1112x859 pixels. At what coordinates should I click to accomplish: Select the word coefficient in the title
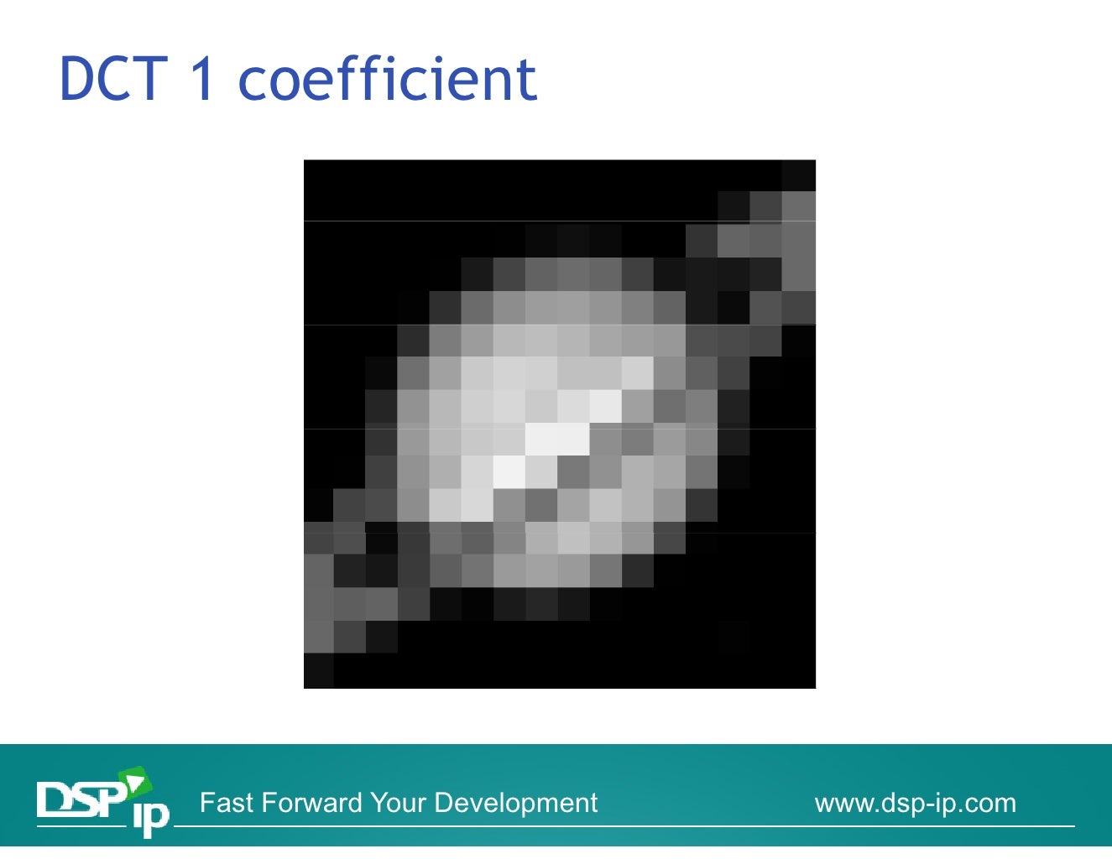pos(387,79)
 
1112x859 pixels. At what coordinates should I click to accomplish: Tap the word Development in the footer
pos(515,804)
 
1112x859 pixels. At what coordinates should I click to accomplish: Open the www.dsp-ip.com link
pos(915,804)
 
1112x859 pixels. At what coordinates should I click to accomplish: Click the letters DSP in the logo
pos(81,799)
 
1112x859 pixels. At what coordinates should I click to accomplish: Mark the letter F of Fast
pos(206,803)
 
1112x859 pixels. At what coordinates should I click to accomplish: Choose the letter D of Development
pos(444,803)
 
